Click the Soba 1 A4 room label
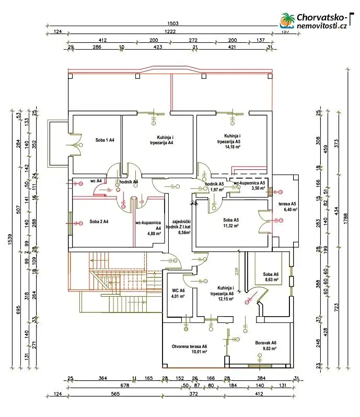click(105, 140)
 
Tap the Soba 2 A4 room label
click(99, 222)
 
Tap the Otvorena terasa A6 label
click(190, 346)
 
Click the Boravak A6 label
click(265, 343)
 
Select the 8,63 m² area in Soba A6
click(271, 280)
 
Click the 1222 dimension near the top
click(171, 32)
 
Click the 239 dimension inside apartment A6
click(237, 271)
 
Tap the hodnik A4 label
click(129, 181)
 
